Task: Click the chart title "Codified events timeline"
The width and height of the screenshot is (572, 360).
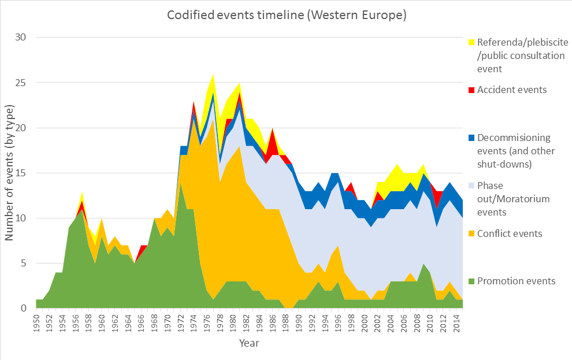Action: click(x=287, y=15)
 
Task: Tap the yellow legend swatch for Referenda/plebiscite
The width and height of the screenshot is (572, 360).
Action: click(x=471, y=42)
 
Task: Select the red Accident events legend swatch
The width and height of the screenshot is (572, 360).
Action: click(x=471, y=90)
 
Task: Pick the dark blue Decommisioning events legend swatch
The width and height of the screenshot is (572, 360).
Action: click(x=471, y=138)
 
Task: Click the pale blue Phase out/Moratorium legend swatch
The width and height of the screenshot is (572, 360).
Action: click(x=471, y=185)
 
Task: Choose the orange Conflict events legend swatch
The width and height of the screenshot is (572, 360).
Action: click(x=471, y=233)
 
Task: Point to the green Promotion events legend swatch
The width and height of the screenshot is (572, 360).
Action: click(x=471, y=281)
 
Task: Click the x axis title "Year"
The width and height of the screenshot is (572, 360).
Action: click(x=249, y=344)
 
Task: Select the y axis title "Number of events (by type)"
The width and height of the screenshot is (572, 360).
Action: click(x=10, y=172)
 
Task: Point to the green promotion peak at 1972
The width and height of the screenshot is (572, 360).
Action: click(x=180, y=191)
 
